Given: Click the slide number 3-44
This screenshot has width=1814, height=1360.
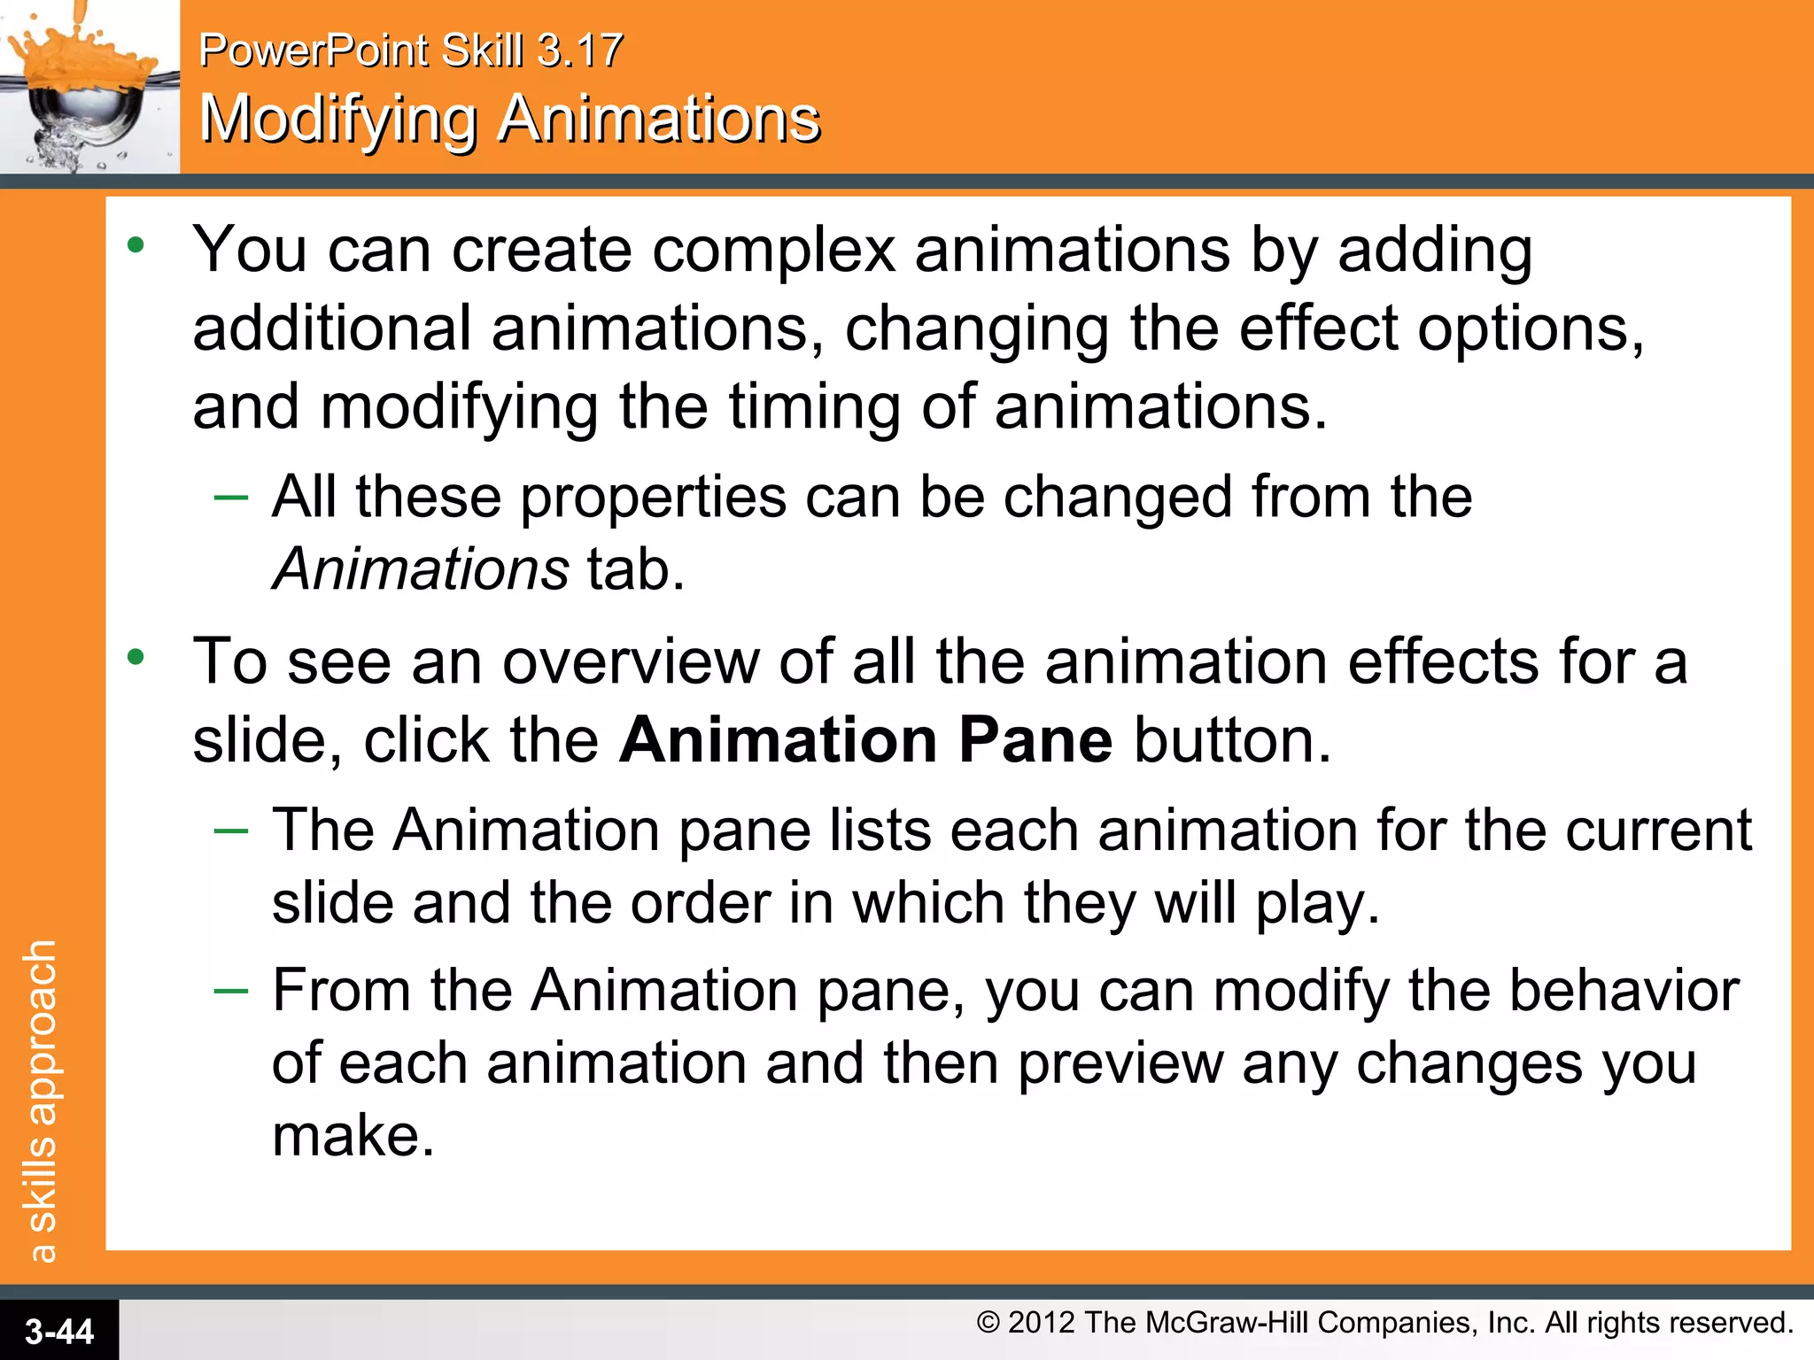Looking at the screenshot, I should tap(59, 1332).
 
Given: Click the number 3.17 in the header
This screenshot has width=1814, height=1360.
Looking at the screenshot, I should tap(580, 50).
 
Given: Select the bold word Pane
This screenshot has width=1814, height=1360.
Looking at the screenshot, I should tap(1035, 740).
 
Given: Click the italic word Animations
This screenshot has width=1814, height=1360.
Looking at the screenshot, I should tap(421, 568).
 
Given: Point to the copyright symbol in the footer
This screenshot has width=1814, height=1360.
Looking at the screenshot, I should tap(988, 1323).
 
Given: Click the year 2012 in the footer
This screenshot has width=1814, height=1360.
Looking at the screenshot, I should tap(1042, 1323).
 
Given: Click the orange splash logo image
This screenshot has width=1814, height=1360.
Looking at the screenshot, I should tap(89, 87).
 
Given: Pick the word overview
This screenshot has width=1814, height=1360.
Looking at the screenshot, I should tap(631, 662).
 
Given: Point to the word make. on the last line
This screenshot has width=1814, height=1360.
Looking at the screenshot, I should tap(353, 1136).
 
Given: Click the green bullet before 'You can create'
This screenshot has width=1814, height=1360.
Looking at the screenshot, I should tap(136, 245).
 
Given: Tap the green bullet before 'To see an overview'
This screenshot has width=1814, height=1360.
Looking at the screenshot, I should tap(136, 657).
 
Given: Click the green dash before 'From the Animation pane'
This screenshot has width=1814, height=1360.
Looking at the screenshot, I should tap(231, 990).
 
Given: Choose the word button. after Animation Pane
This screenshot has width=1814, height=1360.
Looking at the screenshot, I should tap(1232, 740).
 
